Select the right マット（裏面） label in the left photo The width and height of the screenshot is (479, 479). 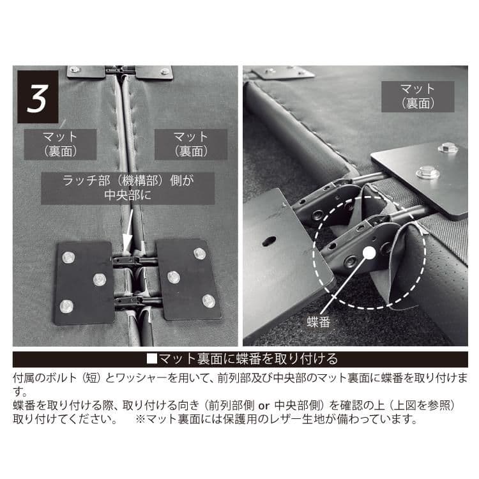click(190, 144)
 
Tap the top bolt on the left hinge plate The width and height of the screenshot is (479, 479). click(68, 257)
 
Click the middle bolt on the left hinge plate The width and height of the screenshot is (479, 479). click(99, 279)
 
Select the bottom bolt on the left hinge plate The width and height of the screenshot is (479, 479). click(66, 306)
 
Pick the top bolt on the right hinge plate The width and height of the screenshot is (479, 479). click(200, 254)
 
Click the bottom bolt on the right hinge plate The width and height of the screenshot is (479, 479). click(208, 300)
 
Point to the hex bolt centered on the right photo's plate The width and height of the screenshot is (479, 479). click(426, 172)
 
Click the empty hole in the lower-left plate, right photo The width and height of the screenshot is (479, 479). click(269, 241)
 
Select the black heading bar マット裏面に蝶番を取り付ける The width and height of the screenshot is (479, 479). click(240, 358)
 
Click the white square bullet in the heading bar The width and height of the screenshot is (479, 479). click(151, 358)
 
